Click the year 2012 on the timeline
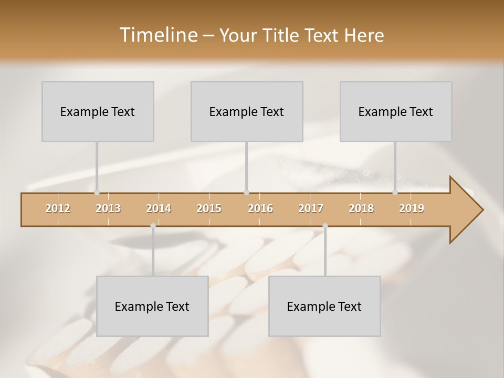(58, 208)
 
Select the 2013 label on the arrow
(108, 208)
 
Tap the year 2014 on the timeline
(159, 208)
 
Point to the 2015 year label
(209, 208)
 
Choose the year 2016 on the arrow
(260, 208)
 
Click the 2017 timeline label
(311, 208)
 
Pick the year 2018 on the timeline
(361, 208)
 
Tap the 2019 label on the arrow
(412, 208)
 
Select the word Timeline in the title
(158, 35)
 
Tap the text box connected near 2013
(98, 111)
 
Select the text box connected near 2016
(247, 111)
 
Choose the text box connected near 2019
(396, 111)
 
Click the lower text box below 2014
(152, 306)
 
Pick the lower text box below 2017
(324, 306)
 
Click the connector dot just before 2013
(97, 193)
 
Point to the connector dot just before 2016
(247, 193)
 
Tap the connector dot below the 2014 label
(153, 226)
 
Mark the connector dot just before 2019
(395, 193)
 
